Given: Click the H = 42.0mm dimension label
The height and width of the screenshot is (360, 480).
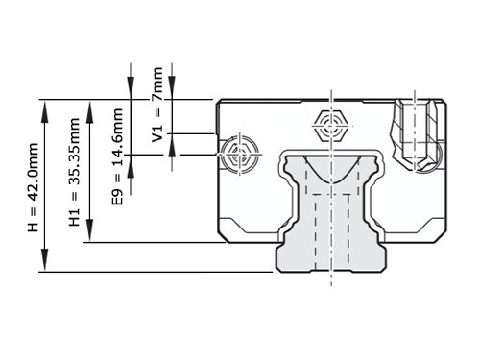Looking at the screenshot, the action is (x=33, y=187).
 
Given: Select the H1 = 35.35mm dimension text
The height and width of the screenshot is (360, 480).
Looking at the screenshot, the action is (x=74, y=172).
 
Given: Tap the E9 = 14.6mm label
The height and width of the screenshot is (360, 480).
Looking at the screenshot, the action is (x=117, y=156).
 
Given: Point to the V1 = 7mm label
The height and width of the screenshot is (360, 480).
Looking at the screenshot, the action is (x=157, y=105).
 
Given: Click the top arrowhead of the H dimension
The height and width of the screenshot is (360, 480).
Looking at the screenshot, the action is (x=45, y=111).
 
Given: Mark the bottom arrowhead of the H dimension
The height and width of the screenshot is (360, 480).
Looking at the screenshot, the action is (x=45, y=260).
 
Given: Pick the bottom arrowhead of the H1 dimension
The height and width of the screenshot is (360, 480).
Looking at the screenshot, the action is (x=90, y=230).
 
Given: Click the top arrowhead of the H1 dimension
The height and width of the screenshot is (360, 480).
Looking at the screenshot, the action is (x=90, y=111).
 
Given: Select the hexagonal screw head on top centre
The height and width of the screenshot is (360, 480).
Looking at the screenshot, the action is (x=331, y=126).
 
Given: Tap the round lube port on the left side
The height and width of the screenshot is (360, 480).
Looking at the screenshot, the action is (x=240, y=155).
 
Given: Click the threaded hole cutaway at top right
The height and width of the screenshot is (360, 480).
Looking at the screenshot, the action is (x=415, y=134).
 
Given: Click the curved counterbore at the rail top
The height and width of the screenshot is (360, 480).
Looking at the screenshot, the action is (x=332, y=169).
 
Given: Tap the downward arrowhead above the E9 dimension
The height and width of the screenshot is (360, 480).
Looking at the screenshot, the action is (x=131, y=87).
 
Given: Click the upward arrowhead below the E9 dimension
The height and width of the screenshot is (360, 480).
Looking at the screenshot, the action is (x=131, y=166).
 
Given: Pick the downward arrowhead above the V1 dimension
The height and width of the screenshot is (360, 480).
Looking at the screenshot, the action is (x=172, y=87).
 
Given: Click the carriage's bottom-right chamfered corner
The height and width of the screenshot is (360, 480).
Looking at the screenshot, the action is (x=440, y=236).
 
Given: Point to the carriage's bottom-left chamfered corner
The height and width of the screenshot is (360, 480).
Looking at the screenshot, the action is (x=224, y=236).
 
